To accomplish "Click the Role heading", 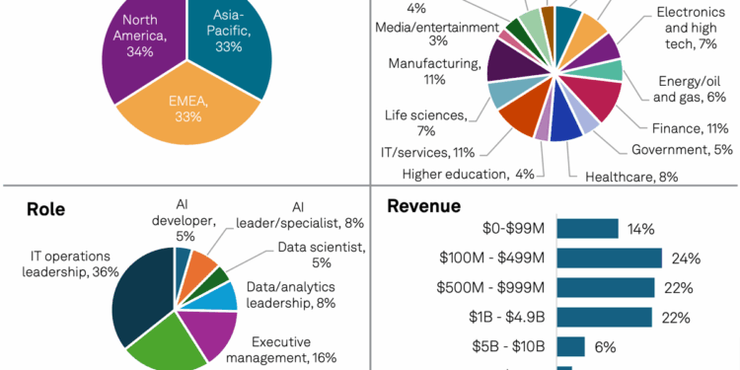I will tap(45, 209).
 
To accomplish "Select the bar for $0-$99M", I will tap(587, 229).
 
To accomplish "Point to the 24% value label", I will tap(685, 259).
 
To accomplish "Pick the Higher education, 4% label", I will tap(469, 175).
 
